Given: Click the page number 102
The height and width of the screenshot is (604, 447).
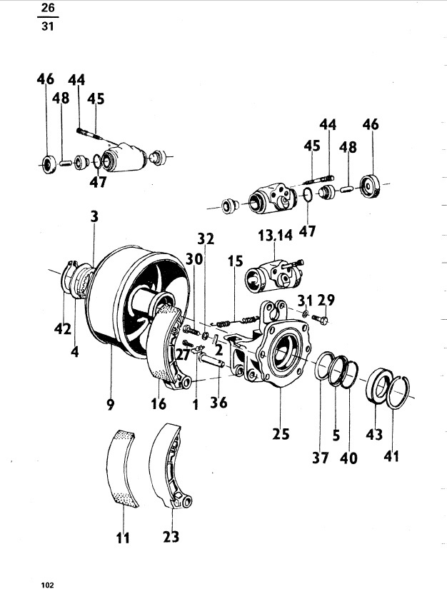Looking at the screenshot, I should (48, 585).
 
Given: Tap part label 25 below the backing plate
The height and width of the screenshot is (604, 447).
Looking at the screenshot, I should (281, 433).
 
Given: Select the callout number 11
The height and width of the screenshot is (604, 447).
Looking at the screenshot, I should (123, 537).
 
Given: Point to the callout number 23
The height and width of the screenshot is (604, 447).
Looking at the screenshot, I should (171, 536).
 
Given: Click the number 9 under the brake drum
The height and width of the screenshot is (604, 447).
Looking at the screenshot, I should (110, 405).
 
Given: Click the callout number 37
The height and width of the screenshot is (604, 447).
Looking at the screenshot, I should (321, 458).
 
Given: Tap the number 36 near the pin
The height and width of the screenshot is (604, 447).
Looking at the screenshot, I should (219, 403).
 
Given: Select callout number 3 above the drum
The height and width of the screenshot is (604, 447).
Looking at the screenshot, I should (94, 215).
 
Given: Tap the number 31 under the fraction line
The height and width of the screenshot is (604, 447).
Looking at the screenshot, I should (49, 28).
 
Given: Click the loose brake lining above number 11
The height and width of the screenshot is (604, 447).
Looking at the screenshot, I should (123, 468).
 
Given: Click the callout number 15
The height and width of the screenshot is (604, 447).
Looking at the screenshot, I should (236, 262).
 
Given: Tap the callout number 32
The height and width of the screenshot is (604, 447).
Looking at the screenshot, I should (206, 238).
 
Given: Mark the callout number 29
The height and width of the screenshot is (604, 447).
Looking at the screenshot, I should (326, 299).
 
